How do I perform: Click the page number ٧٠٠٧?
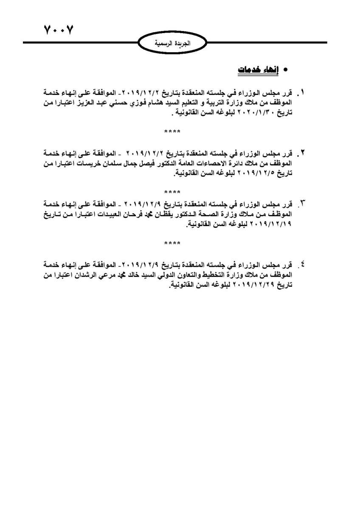[59, 31]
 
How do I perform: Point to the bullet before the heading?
[285, 69]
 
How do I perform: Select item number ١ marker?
[303, 92]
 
